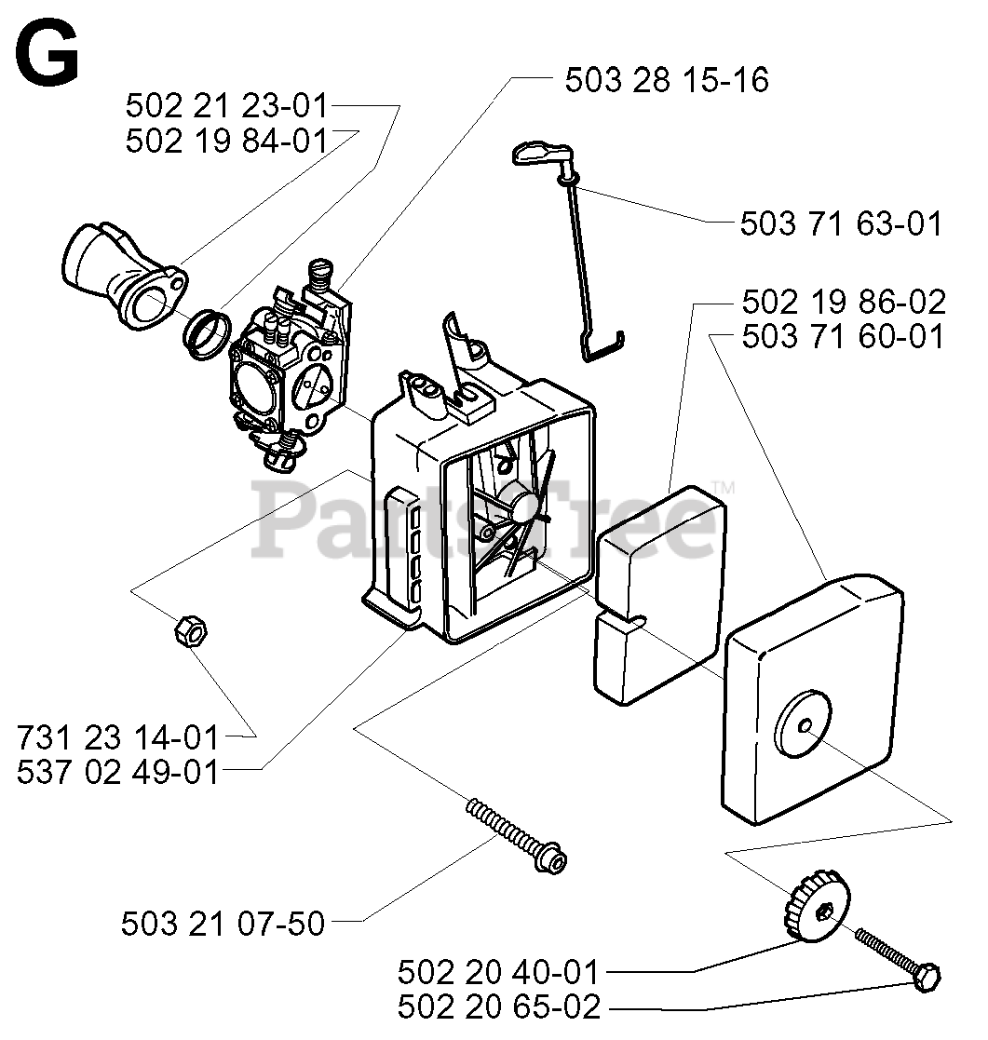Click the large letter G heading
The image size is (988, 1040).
47,53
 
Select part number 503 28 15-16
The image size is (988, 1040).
667,79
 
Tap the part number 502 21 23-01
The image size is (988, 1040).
227,105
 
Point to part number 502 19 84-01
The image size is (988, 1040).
227,141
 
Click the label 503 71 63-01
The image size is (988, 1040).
841,223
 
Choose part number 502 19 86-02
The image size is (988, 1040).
844,302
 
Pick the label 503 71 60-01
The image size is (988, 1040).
843,336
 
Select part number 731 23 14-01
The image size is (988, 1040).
118,737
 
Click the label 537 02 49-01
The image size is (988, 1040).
118,772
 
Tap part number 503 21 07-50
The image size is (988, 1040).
223,924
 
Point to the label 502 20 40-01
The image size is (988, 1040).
498,972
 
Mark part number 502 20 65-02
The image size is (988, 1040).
499,1006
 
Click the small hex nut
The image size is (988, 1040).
191,630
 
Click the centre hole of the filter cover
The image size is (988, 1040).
805,725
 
